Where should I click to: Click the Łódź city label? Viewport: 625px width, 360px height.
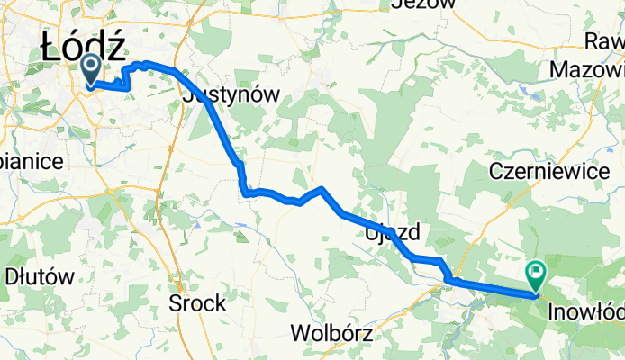coord(83,48)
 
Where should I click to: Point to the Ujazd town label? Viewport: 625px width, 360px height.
coord(393,233)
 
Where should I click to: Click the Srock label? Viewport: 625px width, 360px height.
coord(197,303)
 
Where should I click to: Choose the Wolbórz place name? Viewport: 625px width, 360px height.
coord(332,333)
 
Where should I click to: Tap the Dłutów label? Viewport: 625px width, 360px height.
coord(39,276)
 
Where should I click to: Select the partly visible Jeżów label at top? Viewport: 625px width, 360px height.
coord(421,4)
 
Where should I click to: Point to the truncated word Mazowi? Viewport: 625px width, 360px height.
coord(586,68)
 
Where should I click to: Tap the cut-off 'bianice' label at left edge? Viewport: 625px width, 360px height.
coord(31,161)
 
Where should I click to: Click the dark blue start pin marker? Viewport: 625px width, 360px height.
coord(92,68)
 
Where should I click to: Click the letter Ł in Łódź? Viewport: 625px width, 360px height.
coord(54,48)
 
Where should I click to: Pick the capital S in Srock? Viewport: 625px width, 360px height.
coord(176,303)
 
